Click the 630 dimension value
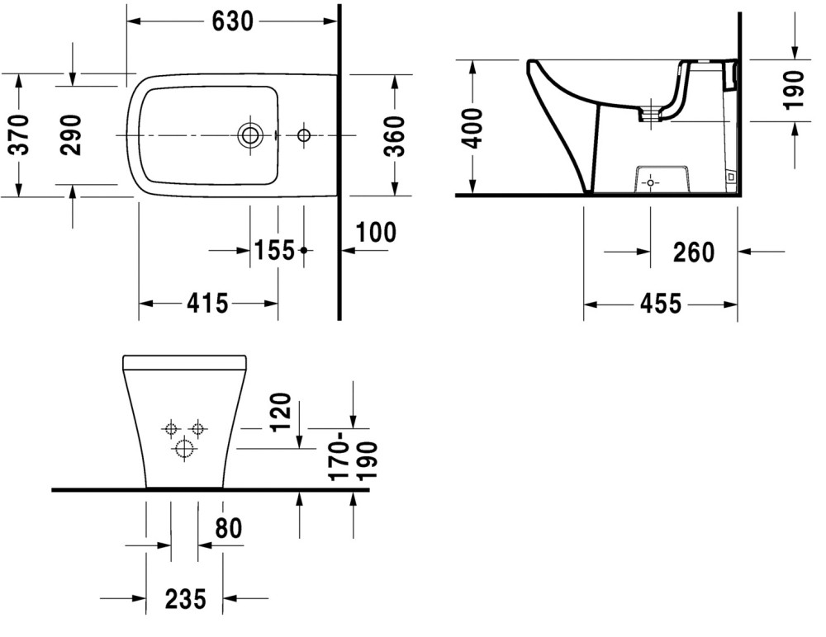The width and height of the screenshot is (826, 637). coord(232,21)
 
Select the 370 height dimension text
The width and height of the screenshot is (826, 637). coord(21,134)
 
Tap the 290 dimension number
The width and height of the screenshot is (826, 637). coord(71,134)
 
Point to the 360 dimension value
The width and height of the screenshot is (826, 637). coord(395,136)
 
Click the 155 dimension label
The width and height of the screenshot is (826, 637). coord(274,251)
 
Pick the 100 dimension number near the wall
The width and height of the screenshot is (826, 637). coord(376,232)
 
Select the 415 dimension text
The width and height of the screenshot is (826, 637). coord(207,304)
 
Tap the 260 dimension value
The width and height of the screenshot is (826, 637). coord(694,252)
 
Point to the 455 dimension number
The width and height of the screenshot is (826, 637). coord(661,304)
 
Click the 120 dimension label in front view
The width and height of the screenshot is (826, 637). coord(280,413)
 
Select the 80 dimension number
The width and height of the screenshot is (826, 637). coord(229,529)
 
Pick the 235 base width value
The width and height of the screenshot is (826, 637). coord(185,599)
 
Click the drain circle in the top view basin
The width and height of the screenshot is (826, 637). coord(250,135)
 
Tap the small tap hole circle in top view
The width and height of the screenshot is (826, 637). coord(304,135)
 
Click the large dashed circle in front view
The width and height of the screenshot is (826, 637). coord(184,449)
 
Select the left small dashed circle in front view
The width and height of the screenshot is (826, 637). coord(170,429)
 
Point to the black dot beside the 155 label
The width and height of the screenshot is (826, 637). coord(303,250)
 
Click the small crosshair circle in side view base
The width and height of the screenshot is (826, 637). coord(650,182)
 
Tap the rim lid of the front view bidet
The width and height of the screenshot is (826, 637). coord(184,363)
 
